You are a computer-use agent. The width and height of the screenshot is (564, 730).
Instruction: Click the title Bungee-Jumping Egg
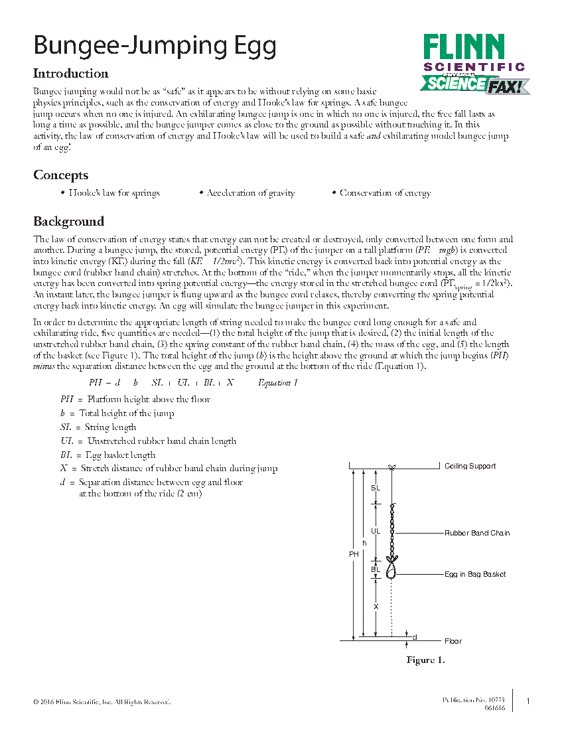155,46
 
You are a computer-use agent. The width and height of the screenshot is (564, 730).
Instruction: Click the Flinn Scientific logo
474,64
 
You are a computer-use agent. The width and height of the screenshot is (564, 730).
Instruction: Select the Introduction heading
71,74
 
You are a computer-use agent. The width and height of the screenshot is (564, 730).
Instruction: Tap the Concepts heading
60,175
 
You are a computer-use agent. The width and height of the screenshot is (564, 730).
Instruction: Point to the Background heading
68,222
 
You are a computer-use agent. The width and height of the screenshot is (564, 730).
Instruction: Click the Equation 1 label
278,382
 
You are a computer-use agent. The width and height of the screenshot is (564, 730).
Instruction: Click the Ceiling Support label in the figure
470,467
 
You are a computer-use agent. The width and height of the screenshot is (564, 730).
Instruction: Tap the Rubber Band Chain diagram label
477,533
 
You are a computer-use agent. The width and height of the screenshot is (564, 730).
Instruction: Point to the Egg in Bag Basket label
475,574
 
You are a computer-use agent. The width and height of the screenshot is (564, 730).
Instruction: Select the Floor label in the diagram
453,641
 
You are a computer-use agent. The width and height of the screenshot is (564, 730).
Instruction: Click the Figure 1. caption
425,660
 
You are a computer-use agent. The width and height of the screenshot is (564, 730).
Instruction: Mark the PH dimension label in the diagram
354,554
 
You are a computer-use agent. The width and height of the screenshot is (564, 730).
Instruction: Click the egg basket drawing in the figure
391,569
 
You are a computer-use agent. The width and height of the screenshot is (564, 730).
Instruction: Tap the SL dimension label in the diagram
376,488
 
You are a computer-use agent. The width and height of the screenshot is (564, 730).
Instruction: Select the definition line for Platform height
135,400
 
